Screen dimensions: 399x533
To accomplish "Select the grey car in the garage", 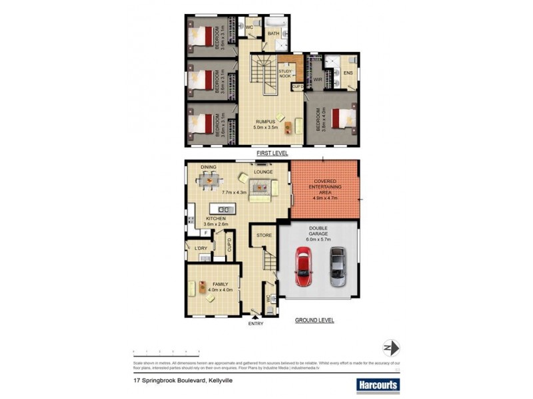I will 338,266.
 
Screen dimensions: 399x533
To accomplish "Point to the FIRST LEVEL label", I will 272,153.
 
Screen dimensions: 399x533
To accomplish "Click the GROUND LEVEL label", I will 314,321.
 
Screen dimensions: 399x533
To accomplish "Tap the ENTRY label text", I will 256,324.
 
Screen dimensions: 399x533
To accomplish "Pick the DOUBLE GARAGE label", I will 318,235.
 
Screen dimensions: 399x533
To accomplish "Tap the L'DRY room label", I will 201,249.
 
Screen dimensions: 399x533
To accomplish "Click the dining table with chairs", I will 209,180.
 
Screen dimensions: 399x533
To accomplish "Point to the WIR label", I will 318,79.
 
